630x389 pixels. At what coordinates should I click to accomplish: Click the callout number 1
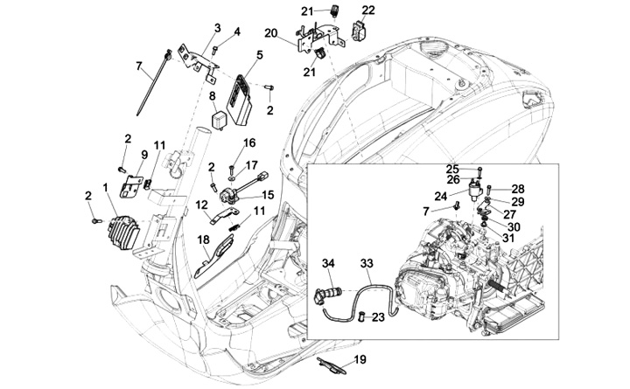pos(106,187)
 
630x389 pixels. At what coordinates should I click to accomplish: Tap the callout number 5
pos(260,54)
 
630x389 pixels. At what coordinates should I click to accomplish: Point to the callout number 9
pos(144,155)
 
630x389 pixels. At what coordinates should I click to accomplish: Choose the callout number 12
pos(202,205)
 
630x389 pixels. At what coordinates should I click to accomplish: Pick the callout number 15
pos(268,195)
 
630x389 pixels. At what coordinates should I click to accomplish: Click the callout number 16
pos(249,142)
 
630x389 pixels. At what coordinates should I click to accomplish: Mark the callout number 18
pos(203,240)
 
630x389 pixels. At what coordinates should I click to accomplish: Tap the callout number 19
pos(360,359)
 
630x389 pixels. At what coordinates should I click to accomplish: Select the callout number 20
pos(270,33)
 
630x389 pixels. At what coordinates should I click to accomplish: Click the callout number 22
pos(368,10)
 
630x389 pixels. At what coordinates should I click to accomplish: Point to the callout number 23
pos(378,317)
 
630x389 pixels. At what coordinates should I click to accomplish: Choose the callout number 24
pos(441,197)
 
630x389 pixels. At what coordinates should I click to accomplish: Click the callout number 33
pos(367,264)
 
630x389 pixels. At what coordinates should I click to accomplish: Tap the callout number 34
pos(328,264)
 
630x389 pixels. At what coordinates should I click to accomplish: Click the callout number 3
pos(217,28)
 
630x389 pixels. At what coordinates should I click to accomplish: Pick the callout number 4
pos(237,31)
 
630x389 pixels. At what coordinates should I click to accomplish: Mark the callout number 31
pos(508,238)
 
